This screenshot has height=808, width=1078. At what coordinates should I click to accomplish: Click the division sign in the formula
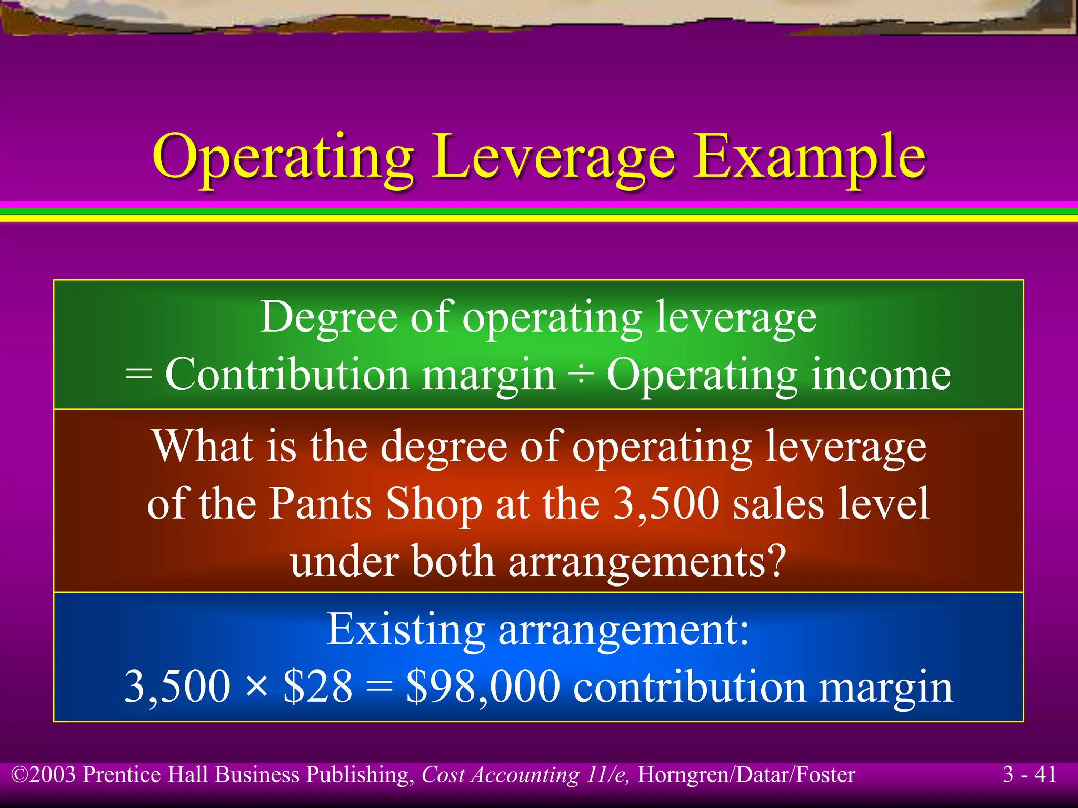tap(581, 375)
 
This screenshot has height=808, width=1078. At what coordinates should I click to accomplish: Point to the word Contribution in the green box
tap(287, 375)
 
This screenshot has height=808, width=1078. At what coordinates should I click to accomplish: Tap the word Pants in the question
tap(321, 503)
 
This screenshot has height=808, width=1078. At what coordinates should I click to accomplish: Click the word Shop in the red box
tap(434, 503)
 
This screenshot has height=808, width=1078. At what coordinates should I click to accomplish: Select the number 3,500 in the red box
tap(666, 503)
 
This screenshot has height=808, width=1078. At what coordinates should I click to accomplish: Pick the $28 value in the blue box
tap(317, 686)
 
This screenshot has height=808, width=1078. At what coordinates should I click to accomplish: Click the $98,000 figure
tap(483, 686)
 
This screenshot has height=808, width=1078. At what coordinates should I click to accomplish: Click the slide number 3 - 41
tap(1030, 774)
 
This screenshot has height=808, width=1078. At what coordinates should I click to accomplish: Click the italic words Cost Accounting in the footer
tap(501, 775)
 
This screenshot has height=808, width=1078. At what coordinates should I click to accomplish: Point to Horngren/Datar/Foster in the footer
tap(746, 775)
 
